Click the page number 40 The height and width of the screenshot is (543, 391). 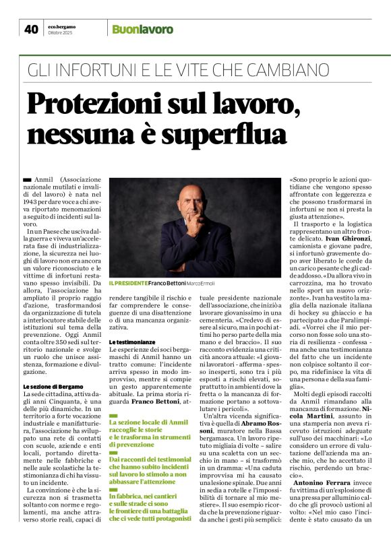(x=30, y=29)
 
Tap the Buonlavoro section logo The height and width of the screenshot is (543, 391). (x=142, y=29)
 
